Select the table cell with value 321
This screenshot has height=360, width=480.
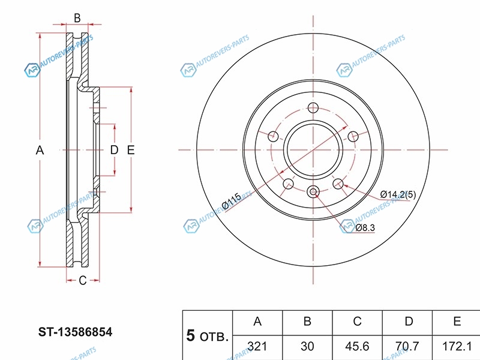coord(257,346)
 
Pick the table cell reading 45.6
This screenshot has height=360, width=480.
coord(357,346)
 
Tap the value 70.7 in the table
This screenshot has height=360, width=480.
coord(408,346)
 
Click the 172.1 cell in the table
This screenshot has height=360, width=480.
coord(457,346)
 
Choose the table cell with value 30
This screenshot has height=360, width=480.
coord(307,346)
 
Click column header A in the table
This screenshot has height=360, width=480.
coord(257,322)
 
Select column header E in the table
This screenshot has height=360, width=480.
coord(457,322)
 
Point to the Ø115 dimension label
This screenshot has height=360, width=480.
coord(231,200)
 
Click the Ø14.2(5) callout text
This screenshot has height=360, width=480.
coord(398,194)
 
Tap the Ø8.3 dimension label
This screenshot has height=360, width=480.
coord(365,227)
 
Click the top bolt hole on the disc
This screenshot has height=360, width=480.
coord(313,108)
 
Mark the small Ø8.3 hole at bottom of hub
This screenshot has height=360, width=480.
coord(313,192)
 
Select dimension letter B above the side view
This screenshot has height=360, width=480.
coord(77,19)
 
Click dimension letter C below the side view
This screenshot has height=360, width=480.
coord(83,280)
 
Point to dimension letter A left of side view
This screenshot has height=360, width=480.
coord(40,150)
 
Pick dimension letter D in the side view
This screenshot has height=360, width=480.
coord(114,150)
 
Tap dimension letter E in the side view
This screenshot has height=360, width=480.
coord(131,150)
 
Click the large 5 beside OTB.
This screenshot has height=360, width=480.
coord(191,335)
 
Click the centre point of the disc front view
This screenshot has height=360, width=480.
coord(313,149)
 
